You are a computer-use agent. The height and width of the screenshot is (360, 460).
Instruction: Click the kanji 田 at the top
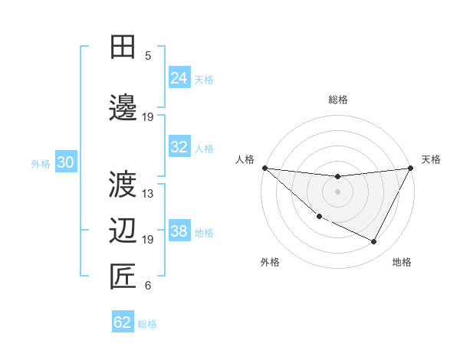click(123, 47)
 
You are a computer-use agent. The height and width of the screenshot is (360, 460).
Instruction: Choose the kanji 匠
click(123, 277)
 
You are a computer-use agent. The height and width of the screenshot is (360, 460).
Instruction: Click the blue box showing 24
click(179, 78)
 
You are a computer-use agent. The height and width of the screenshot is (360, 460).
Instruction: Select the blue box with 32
click(179, 147)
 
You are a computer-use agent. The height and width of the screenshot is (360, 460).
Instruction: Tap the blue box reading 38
click(179, 231)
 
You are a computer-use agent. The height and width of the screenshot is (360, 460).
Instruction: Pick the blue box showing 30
click(65, 162)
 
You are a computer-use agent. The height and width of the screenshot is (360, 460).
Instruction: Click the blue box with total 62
click(123, 322)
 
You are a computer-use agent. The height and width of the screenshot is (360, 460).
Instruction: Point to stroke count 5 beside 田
click(148, 56)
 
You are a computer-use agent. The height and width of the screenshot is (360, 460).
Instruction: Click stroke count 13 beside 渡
click(149, 194)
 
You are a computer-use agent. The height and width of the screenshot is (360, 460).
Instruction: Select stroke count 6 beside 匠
click(148, 286)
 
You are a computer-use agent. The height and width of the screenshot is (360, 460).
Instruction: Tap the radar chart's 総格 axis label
click(337, 100)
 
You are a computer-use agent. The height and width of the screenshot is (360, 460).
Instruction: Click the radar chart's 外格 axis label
click(270, 262)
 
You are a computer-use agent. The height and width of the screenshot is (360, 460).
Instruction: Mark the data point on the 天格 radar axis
click(411, 168)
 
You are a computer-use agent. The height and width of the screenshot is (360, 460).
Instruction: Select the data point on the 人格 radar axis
click(264, 168)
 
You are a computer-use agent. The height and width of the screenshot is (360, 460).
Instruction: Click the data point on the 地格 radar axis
click(374, 242)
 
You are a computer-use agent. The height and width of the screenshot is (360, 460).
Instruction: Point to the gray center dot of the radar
click(337, 191)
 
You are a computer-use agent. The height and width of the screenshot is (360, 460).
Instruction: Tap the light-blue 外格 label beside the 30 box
click(41, 163)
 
